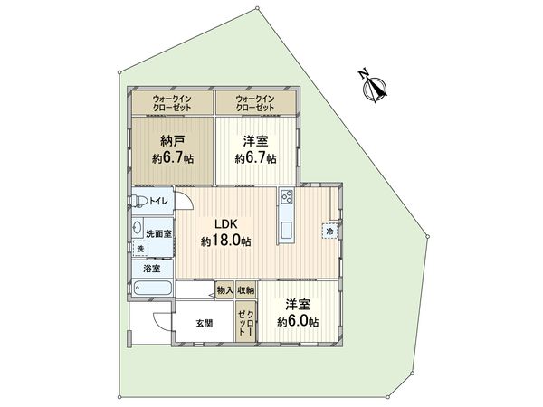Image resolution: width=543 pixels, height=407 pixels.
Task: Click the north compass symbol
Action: pyautogui.click(x=375, y=86)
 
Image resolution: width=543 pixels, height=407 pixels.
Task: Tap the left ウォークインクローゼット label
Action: pyautogui.click(x=170, y=102)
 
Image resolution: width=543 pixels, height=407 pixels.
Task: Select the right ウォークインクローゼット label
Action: pyautogui.click(x=254, y=102)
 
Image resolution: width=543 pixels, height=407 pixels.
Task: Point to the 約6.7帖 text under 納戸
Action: pyautogui.click(x=173, y=159)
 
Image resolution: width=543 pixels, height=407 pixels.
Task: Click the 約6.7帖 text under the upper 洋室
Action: pyautogui.click(x=256, y=159)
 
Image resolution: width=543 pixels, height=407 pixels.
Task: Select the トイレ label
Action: pyautogui.click(x=160, y=201)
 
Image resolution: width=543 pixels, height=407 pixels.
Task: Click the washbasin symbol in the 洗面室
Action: pyautogui.click(x=137, y=228)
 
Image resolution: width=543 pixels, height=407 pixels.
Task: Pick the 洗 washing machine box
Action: pyautogui.click(x=140, y=247)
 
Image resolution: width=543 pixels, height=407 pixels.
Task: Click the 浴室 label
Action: pyautogui.click(x=150, y=269)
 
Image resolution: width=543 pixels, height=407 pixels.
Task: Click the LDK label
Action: pyautogui.click(x=225, y=225)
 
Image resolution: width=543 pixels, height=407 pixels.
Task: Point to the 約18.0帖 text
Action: pyautogui.click(x=225, y=241)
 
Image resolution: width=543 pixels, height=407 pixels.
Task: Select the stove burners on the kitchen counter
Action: pyautogui.click(x=286, y=197)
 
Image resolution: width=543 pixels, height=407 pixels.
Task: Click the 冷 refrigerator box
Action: pyautogui.click(x=329, y=230)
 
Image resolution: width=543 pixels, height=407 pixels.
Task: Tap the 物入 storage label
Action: pyautogui.click(x=224, y=290)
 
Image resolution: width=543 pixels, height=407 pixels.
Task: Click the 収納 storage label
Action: pyautogui.click(x=245, y=290)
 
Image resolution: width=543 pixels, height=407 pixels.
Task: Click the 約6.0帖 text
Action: pyautogui.click(x=298, y=322)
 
